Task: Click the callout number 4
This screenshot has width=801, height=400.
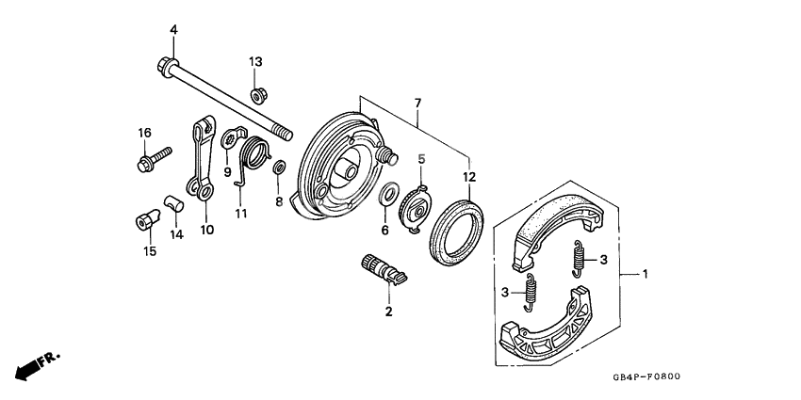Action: tap(173, 30)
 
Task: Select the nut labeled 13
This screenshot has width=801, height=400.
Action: tap(256, 95)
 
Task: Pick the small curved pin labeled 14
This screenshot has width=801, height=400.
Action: tap(172, 201)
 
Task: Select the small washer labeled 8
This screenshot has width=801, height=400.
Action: tap(279, 168)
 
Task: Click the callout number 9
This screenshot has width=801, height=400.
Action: tap(227, 171)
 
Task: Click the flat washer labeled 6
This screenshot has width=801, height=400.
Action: tap(386, 197)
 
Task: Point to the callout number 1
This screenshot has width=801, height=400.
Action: tap(646, 275)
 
